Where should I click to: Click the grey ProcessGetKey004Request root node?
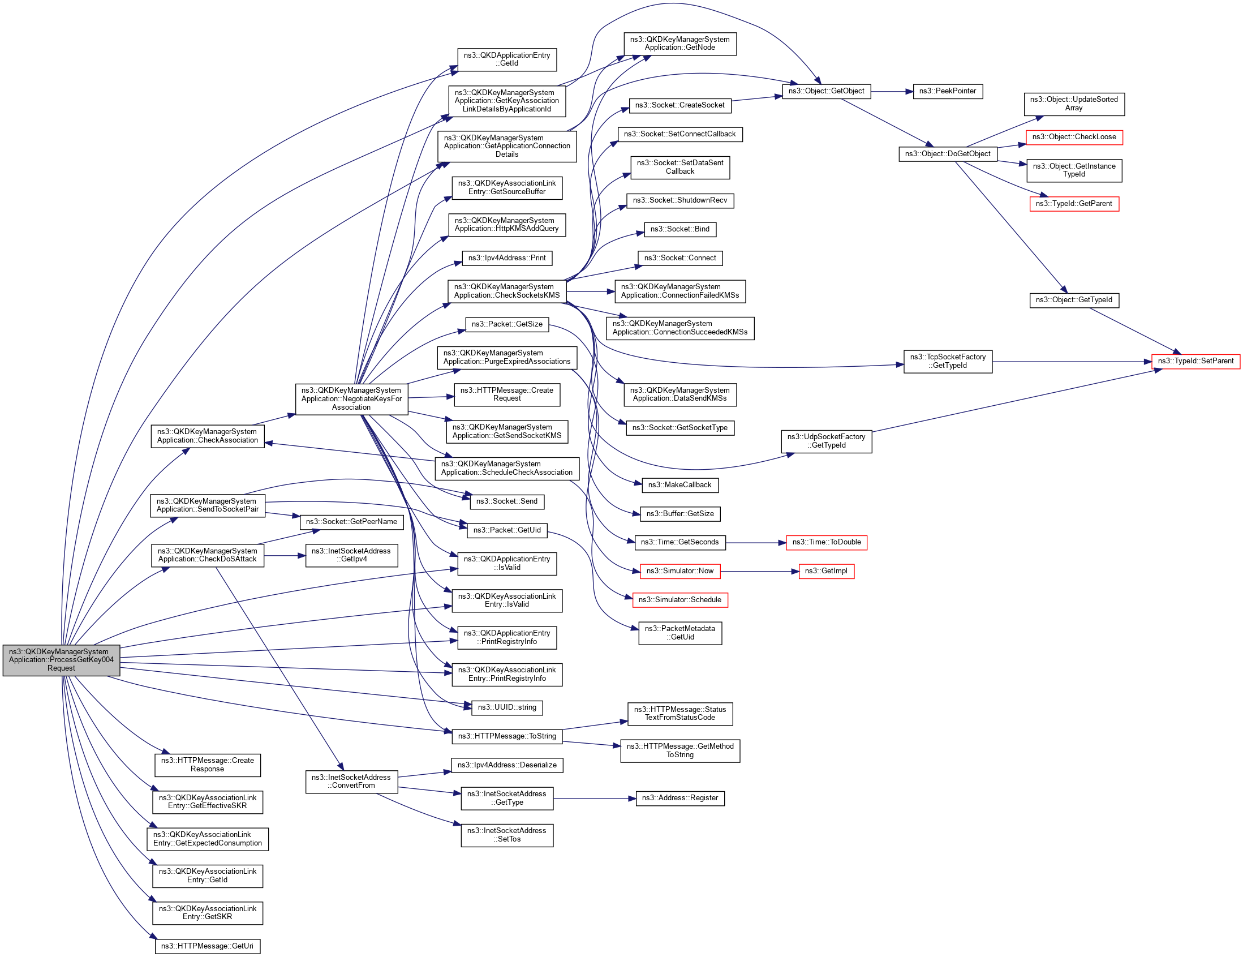click(x=61, y=660)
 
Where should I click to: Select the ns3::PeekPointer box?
click(x=948, y=91)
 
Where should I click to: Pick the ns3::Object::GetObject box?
click(x=826, y=91)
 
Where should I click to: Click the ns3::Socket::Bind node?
click(x=679, y=229)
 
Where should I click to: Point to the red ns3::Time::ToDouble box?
click(x=826, y=543)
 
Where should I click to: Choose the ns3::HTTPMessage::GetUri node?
click(x=207, y=946)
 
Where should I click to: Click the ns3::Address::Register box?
click(x=679, y=798)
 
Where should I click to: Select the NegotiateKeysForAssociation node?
click(x=351, y=398)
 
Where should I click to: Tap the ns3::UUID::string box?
click(x=506, y=707)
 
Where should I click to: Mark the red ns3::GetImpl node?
click(x=826, y=571)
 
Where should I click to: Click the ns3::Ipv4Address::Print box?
click(x=506, y=258)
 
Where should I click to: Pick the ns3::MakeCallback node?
click(x=679, y=485)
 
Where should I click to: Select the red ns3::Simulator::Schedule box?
click(x=679, y=600)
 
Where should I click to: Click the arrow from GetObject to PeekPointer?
click(x=892, y=91)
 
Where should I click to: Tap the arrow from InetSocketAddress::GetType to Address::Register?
click(x=594, y=799)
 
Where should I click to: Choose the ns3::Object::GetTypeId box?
click(x=1073, y=300)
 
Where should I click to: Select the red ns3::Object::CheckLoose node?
click(x=1073, y=137)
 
